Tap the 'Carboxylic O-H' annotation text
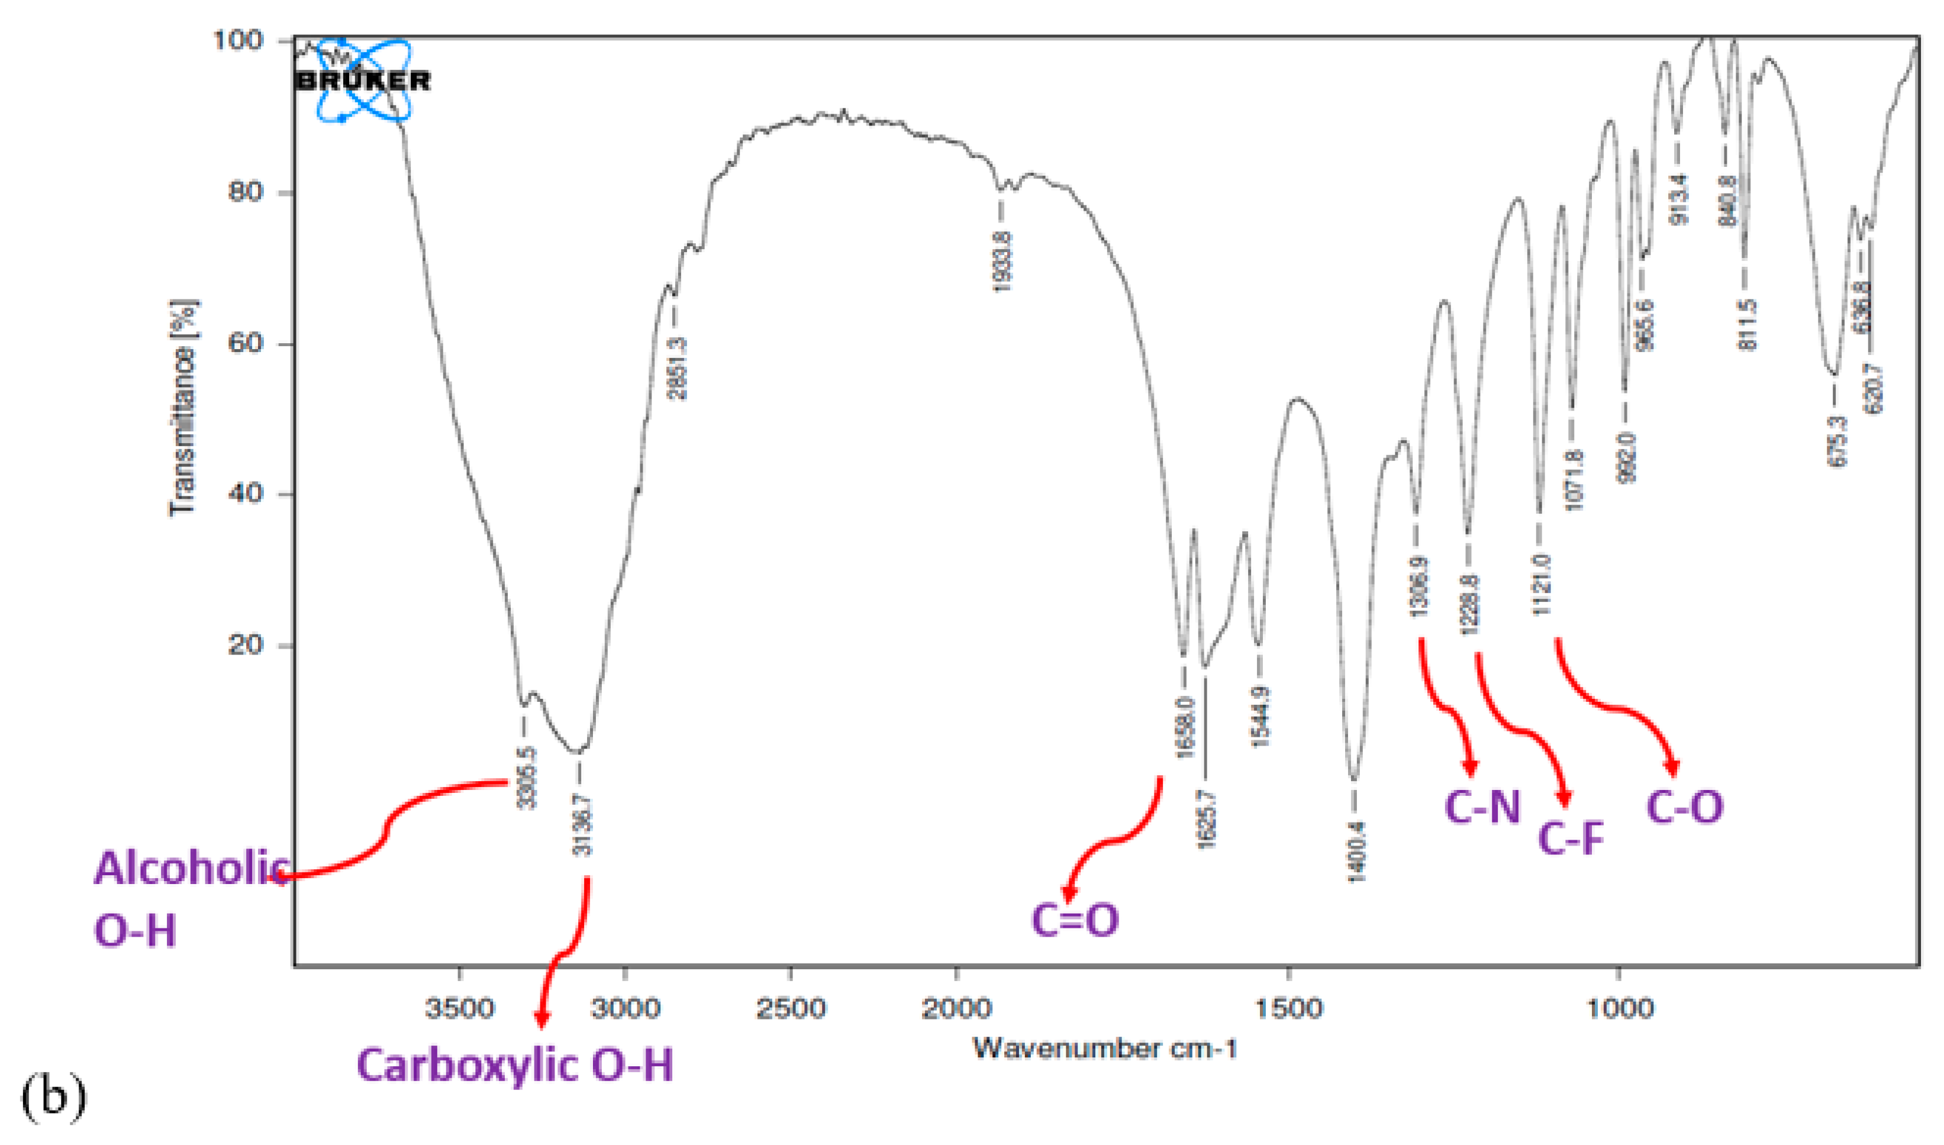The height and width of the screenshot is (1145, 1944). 514,1066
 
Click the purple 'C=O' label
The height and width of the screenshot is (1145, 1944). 1075,920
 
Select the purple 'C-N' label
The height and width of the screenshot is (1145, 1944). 1482,807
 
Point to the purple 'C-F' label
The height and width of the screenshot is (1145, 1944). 1571,838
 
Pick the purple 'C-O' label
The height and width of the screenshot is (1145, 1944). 1684,807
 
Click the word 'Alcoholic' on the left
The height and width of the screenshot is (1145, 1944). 191,868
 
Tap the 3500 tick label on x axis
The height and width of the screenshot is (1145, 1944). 460,1008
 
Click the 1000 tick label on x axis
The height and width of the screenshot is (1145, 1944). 1620,1008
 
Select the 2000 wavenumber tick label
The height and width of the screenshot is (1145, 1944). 956,1008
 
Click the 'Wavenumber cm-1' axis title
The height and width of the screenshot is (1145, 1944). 1105,1048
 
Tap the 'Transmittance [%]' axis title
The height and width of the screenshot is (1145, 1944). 183,407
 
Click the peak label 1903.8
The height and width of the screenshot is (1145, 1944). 1001,262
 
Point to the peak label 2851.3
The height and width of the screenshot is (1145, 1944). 676,369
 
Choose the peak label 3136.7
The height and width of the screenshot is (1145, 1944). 583,825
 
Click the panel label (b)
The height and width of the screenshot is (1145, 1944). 53,1099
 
